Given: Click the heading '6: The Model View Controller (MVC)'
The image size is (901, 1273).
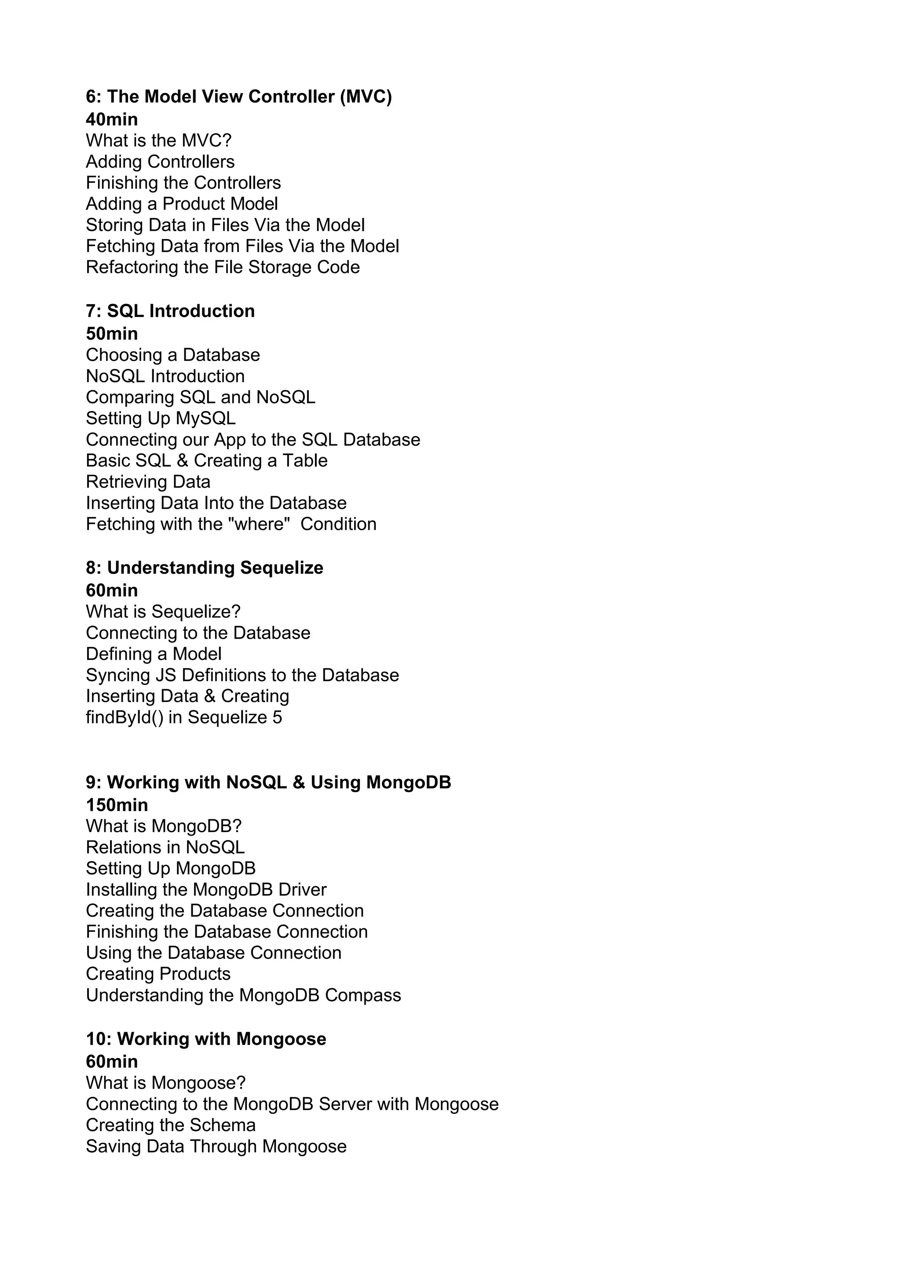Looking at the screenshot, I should [238, 96].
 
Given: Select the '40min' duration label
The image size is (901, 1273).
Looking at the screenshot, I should [111, 119].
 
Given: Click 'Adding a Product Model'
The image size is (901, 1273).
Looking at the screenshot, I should [181, 204].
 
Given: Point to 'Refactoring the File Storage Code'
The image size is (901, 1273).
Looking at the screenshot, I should [223, 267].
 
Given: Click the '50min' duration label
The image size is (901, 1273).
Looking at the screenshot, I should [111, 334].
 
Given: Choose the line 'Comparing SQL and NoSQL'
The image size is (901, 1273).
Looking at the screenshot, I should [200, 397].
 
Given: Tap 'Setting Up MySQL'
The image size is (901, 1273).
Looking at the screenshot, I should [160, 418].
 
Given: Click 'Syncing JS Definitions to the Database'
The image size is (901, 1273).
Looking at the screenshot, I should [242, 675].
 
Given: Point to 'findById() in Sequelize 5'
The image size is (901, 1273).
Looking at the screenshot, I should [183, 717].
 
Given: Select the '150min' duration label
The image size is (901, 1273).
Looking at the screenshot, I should [117, 805].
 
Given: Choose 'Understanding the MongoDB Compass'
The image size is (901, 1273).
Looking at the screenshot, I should [243, 995].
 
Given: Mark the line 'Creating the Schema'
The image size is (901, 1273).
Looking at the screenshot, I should [170, 1125].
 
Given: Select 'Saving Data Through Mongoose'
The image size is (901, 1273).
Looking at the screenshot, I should [216, 1146].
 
